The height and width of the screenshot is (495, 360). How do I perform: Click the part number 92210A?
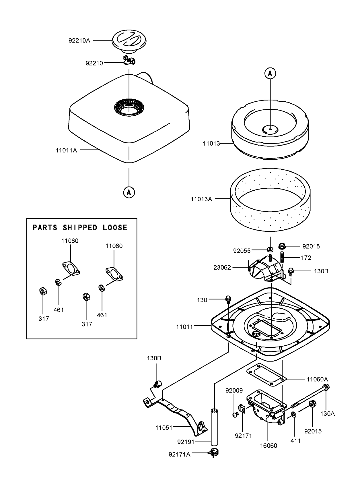tap(79, 40)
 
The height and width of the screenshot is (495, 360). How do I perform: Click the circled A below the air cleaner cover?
tap(129, 192)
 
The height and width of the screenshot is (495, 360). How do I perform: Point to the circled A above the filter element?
tap(270, 74)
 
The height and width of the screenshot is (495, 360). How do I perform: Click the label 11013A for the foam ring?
tap(201, 199)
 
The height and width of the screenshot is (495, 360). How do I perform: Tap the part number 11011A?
tap(66, 150)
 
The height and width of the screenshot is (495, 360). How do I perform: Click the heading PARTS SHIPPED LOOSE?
tap(80, 228)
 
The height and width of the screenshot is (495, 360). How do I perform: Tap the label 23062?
tap(222, 268)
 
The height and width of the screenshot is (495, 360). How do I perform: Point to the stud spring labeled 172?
tap(282, 257)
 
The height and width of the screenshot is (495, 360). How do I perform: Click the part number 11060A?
tap(317, 379)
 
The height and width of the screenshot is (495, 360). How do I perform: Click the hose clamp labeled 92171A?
tap(214, 453)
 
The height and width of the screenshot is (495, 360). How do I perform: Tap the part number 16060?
tap(268, 446)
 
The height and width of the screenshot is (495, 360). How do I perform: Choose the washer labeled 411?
tap(294, 415)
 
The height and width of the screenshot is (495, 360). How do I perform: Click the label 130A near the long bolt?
tap(328, 414)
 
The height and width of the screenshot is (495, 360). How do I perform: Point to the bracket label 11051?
tap(164, 428)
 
